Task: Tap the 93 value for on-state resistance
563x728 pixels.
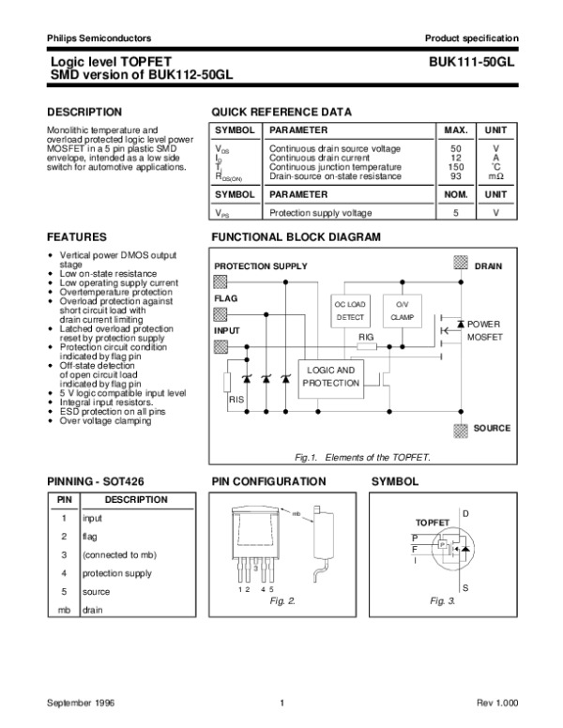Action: [456, 175]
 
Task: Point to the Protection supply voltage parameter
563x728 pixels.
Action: [320, 213]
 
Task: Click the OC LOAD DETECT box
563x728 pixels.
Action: [350, 311]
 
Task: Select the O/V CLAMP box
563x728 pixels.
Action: [402, 311]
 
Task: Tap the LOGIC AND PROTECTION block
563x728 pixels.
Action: [330, 376]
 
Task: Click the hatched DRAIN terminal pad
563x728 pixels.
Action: [460, 265]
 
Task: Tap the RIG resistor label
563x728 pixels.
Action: [366, 336]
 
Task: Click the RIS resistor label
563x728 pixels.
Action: [236, 400]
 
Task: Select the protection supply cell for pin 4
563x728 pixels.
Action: [116, 573]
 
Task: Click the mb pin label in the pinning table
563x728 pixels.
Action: [63, 611]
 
